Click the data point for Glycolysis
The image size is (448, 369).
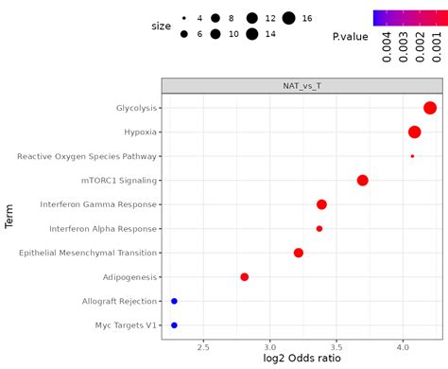tap(430, 108)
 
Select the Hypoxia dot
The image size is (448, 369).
tap(414, 132)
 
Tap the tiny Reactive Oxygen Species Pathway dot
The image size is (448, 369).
tap(412, 156)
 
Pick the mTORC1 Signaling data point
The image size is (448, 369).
tap(362, 181)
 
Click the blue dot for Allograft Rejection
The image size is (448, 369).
tap(174, 301)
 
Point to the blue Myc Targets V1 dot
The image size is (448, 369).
tap(174, 325)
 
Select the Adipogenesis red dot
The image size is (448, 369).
tap(245, 277)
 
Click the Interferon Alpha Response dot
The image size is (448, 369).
tap(319, 229)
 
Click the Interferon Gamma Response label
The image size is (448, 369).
tap(99, 204)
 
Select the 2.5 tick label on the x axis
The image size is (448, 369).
tap(203, 346)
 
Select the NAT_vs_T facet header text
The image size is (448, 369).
tap(302, 85)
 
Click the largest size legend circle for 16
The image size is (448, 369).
tap(287, 18)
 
